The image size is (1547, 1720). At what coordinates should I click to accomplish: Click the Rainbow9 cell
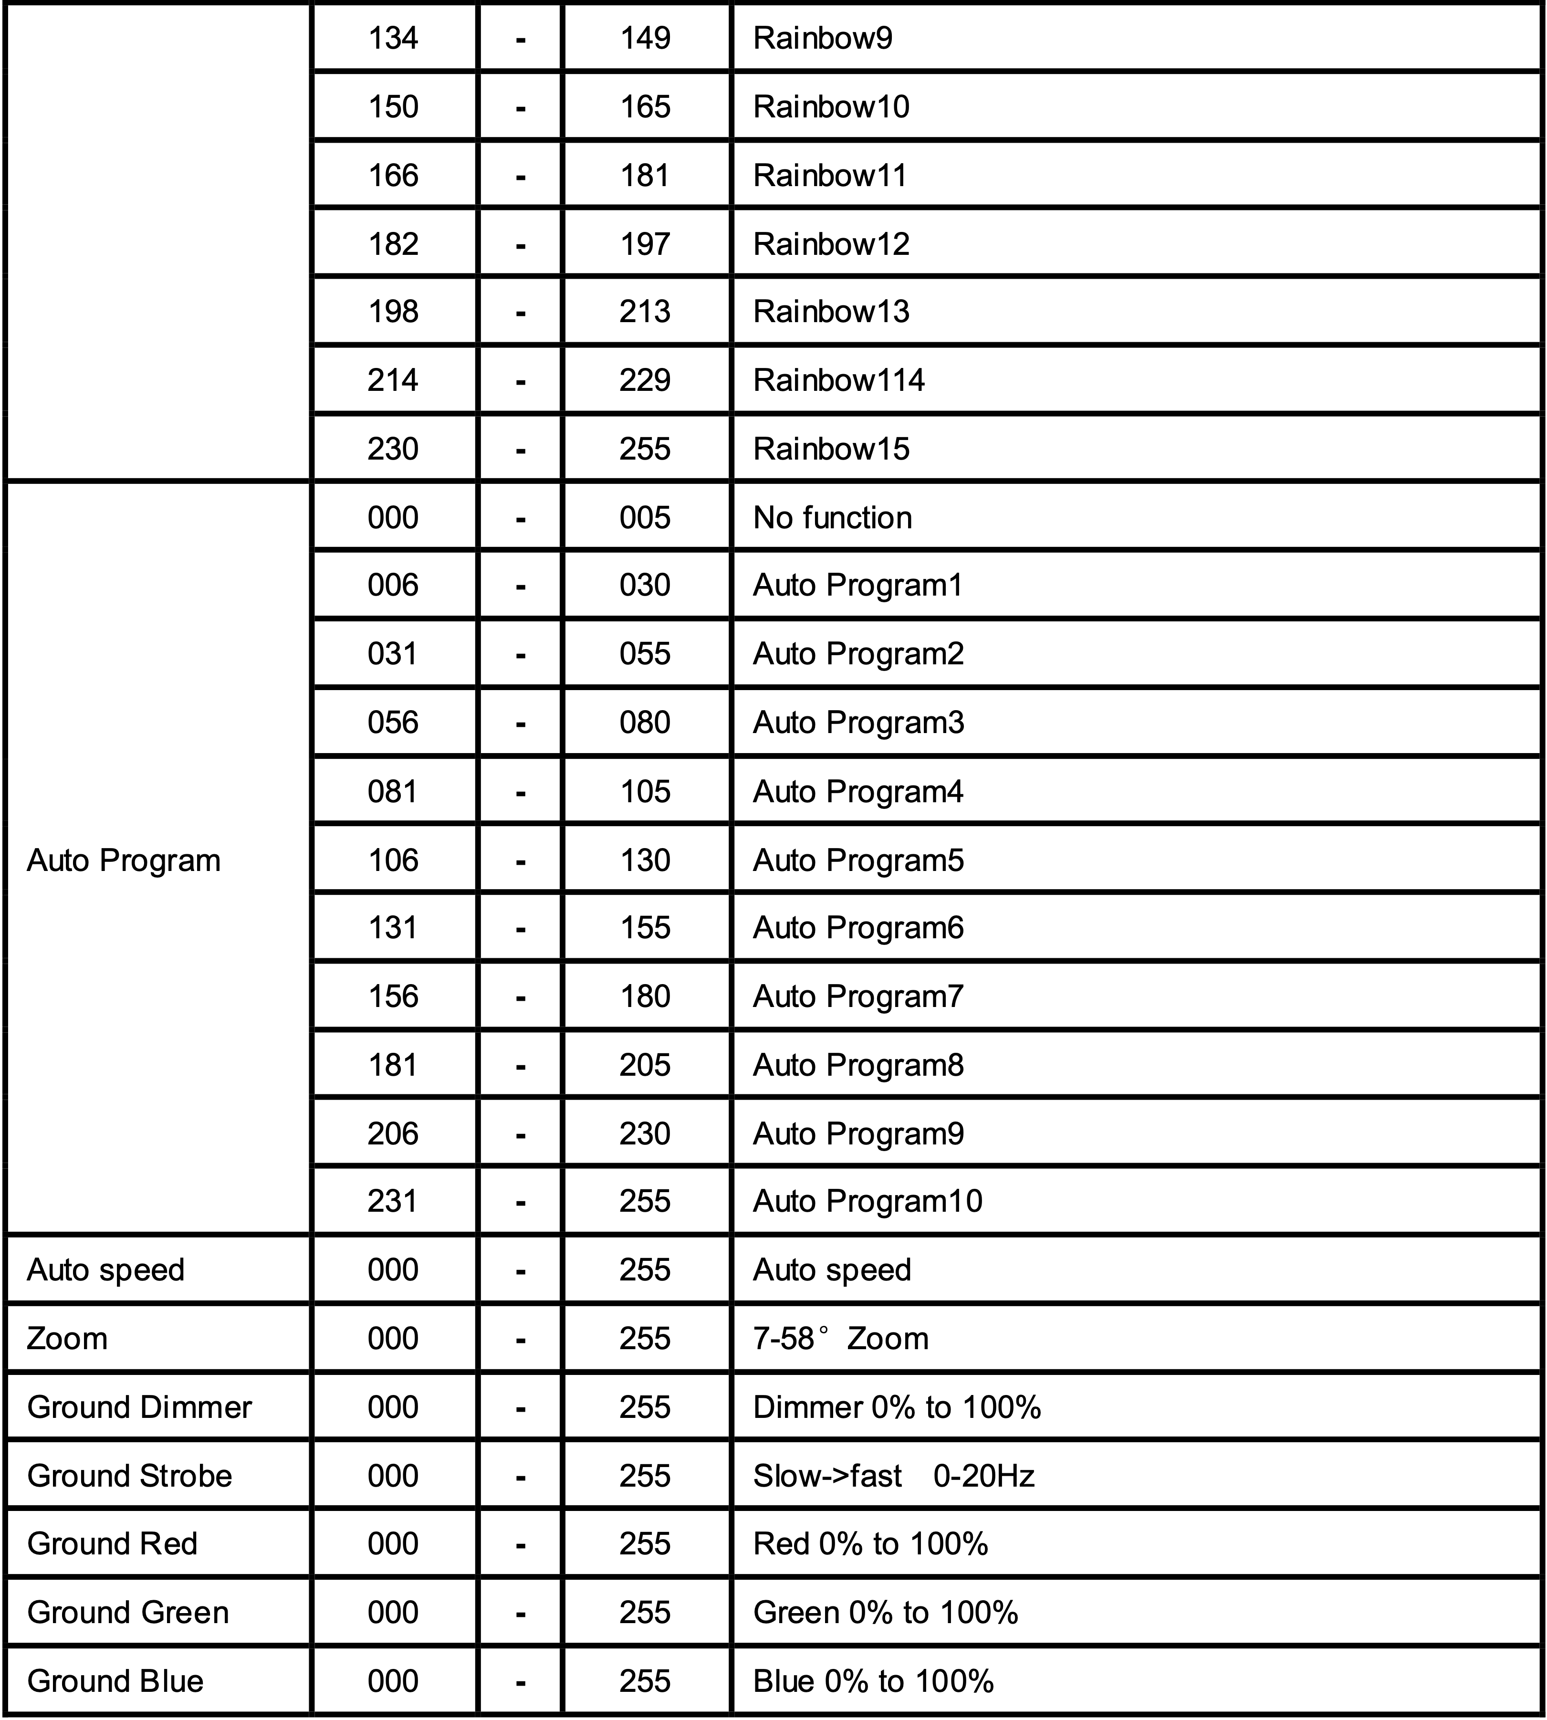[822, 38]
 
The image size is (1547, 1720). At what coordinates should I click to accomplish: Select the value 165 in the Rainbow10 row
[645, 107]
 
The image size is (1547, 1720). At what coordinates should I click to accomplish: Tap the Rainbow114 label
[838, 380]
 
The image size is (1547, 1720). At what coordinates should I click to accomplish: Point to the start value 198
[393, 312]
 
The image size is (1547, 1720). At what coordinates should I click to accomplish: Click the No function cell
[832, 518]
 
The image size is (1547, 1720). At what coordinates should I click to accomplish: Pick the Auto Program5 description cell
[858, 860]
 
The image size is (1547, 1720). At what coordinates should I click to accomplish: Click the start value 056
[393, 723]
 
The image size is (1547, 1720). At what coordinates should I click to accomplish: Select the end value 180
[645, 996]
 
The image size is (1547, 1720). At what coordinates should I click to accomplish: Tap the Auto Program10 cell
[867, 1201]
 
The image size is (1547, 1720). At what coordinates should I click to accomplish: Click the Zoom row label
[67, 1339]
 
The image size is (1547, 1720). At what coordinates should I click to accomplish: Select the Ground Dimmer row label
[139, 1407]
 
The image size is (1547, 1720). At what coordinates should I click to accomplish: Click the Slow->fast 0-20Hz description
[893, 1476]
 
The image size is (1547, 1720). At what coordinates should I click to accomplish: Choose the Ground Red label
[112, 1544]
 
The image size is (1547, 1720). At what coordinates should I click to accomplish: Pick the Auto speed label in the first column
[105, 1270]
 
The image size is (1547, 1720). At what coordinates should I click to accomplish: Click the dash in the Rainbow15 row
[520, 450]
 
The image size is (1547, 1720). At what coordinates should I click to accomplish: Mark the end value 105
[645, 792]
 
